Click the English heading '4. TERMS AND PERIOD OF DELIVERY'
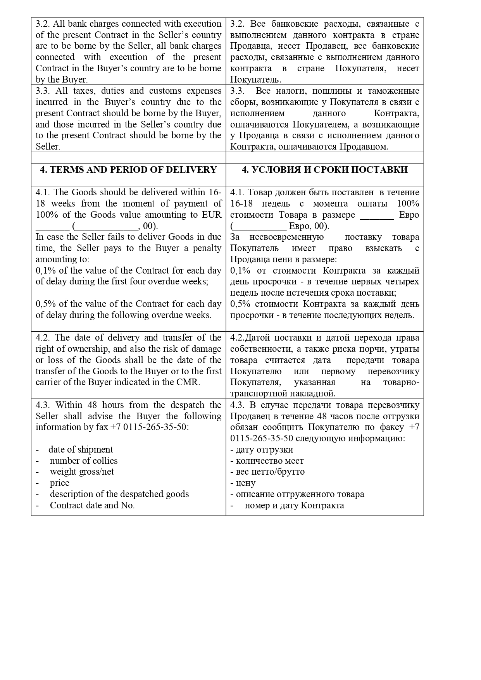tap(128, 170)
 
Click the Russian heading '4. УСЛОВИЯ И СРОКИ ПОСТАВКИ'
tap(324, 170)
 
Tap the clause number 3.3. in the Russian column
tap(237, 91)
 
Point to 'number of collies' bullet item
tap(83, 461)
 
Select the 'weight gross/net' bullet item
tap(82, 472)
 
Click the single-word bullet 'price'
tap(59, 483)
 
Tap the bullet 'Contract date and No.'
tap(92, 505)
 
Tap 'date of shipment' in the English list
tap(81, 449)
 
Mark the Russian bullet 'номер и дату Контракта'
tap(294, 506)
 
